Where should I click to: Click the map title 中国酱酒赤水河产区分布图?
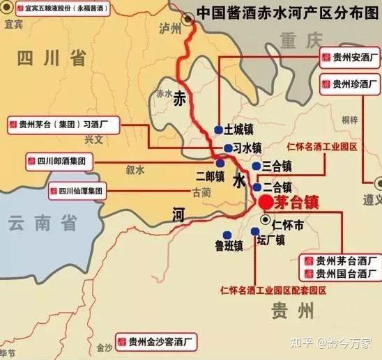pyautogui.click(x=286, y=12)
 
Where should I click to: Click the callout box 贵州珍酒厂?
pyautogui.click(x=349, y=85)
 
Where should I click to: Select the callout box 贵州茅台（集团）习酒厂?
pyautogui.click(x=63, y=126)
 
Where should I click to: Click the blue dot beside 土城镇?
pyautogui.click(x=218, y=130)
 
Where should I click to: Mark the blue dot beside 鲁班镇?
pyautogui.click(x=226, y=235)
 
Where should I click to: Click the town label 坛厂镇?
pyautogui.click(x=270, y=241)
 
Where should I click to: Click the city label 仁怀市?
pyautogui.click(x=287, y=224)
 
